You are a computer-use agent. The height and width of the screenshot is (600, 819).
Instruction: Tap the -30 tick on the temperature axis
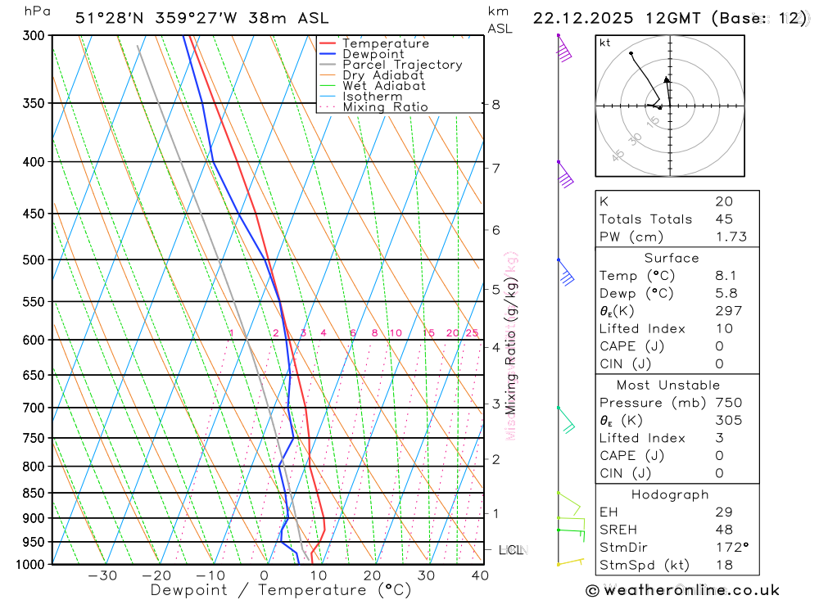(102, 575)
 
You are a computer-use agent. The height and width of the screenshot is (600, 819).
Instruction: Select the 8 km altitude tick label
(496, 105)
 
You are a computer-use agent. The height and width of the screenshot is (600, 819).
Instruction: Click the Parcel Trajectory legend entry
(401, 65)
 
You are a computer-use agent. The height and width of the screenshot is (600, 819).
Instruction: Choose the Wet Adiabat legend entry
(383, 86)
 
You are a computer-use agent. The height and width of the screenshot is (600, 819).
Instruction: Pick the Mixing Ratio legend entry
(385, 107)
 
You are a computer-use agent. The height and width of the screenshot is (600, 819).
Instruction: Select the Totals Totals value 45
(724, 219)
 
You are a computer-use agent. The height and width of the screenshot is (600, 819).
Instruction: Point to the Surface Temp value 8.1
(724, 276)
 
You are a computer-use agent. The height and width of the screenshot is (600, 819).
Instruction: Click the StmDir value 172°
(729, 548)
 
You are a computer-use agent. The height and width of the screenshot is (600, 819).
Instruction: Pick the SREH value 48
(724, 530)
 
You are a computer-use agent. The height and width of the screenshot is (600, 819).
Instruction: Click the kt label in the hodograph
(605, 43)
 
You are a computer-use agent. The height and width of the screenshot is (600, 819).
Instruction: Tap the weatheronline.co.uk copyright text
(682, 590)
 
